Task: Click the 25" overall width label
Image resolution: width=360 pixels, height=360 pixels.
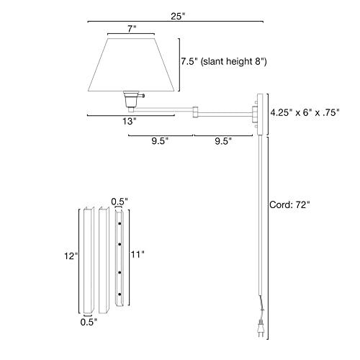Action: tap(178, 17)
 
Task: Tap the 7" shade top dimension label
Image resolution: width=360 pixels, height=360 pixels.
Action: tap(132, 29)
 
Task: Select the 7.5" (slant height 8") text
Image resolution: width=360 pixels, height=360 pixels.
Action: tap(224, 61)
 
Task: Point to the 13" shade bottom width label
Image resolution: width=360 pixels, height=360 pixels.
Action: tap(130, 121)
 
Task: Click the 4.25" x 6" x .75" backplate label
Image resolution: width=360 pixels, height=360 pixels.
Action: tap(305, 112)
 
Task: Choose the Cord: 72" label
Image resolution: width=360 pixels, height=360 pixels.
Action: tap(289, 204)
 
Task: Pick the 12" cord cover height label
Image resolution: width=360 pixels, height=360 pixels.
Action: tap(71, 256)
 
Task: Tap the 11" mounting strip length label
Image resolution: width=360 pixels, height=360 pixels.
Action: tap(138, 254)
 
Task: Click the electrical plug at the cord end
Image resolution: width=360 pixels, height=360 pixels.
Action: tap(261, 329)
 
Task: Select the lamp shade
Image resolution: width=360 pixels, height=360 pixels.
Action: tap(131, 65)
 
